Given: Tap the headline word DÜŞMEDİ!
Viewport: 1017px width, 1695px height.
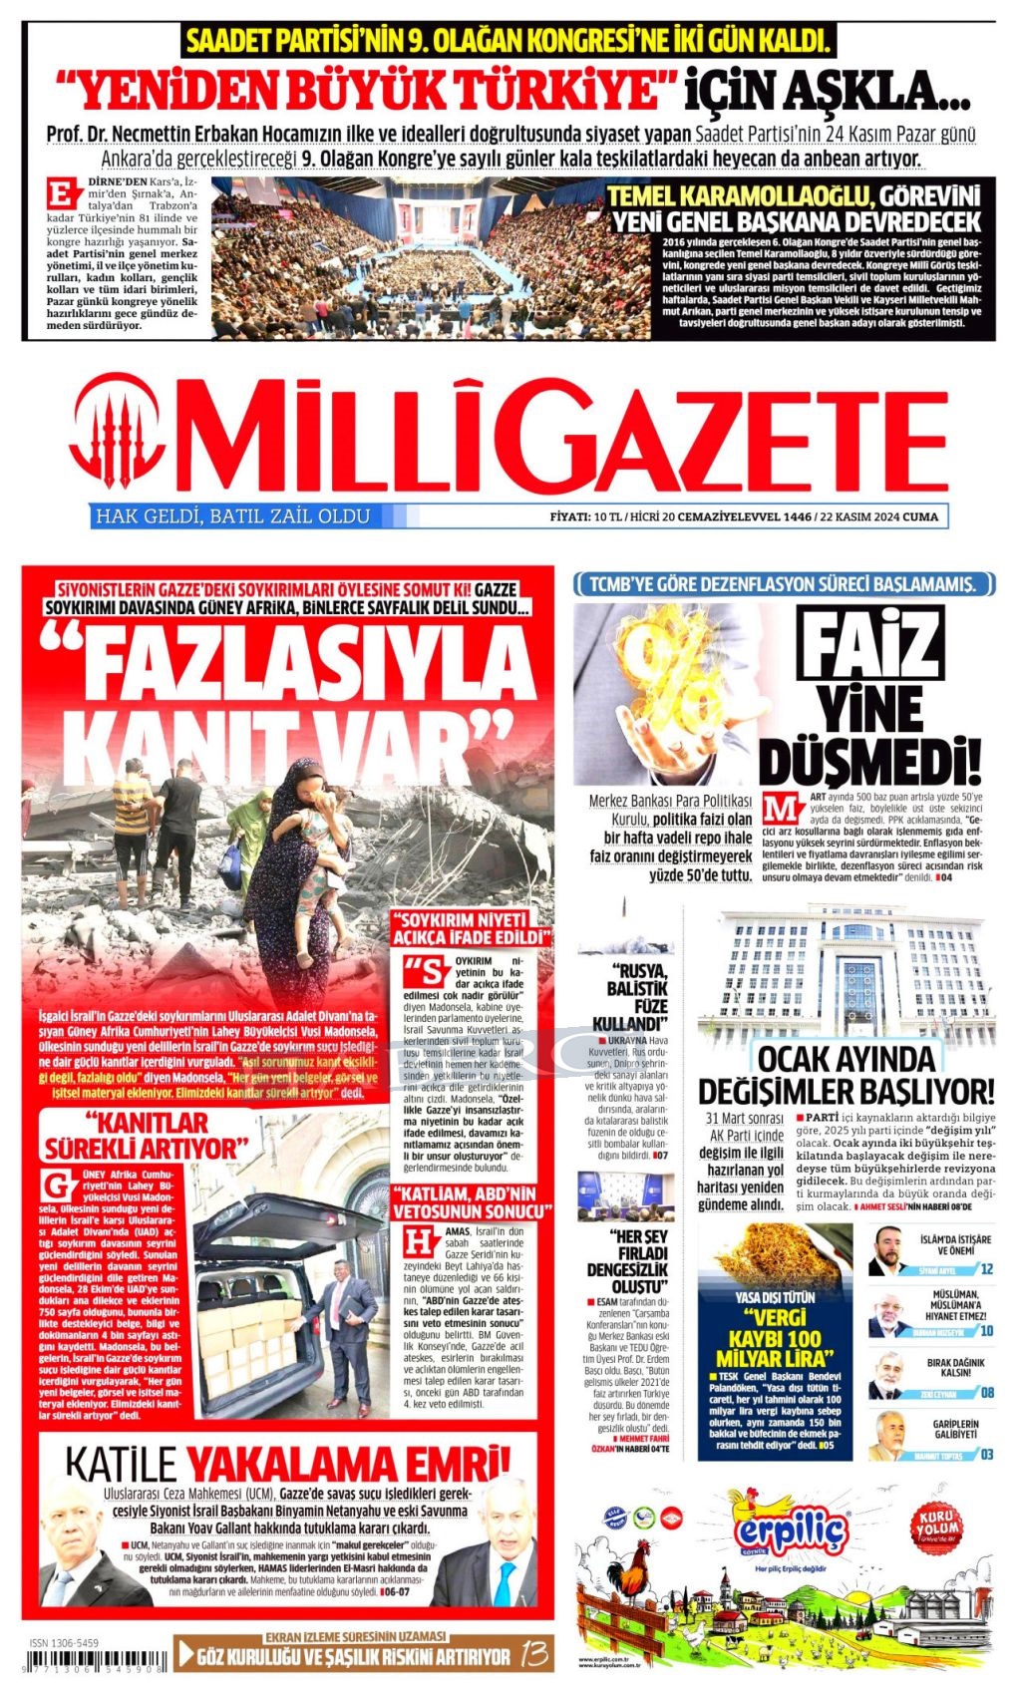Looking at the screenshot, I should point(869,760).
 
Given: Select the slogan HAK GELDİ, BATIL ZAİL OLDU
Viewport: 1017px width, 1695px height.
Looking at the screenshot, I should point(231,516).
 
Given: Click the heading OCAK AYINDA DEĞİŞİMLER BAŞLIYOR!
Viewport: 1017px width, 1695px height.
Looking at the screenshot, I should point(847,1074).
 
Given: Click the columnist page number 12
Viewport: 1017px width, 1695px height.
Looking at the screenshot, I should point(986,1269).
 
